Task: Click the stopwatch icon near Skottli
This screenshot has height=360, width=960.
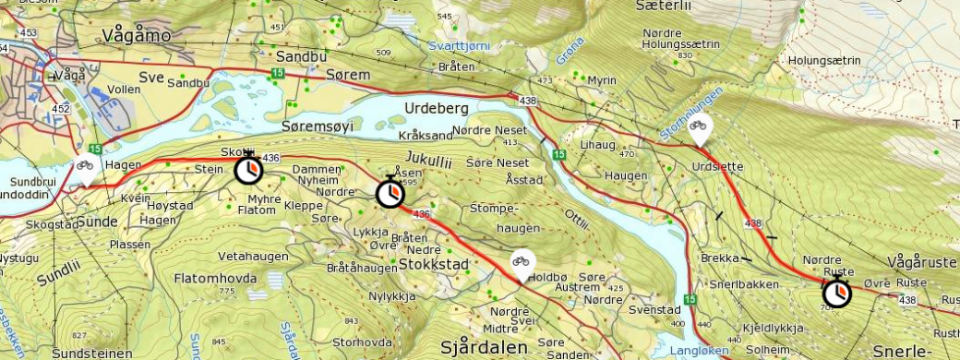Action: coord(247,170)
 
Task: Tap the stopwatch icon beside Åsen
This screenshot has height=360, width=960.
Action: coord(390,193)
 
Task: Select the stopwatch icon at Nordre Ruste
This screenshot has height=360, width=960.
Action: coord(837,294)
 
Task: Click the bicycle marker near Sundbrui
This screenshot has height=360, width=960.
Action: coord(84,169)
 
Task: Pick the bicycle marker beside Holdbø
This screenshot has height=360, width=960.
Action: coord(522,265)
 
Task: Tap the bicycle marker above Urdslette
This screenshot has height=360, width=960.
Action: coord(700,129)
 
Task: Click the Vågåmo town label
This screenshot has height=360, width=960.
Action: coord(135,35)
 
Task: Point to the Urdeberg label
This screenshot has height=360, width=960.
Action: coord(438,108)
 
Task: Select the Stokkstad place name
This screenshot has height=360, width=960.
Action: coord(434,265)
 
